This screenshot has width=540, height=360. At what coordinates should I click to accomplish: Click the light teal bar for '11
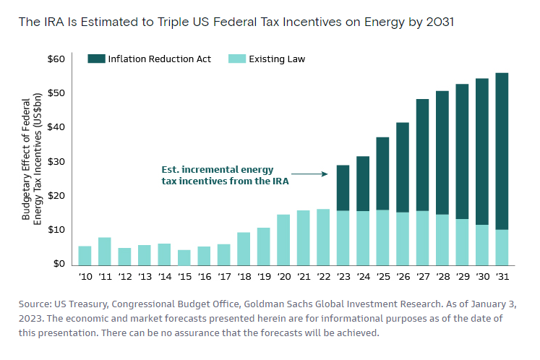tap(105, 252)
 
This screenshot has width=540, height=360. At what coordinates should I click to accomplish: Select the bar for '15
tap(184, 257)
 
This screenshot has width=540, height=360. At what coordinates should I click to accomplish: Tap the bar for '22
tap(323, 237)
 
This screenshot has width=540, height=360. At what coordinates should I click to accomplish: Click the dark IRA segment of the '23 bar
tap(343, 188)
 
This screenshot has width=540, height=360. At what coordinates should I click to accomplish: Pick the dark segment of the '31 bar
tap(502, 151)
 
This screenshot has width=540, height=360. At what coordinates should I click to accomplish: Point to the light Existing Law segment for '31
tap(502, 248)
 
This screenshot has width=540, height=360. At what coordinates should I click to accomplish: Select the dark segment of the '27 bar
tap(423, 155)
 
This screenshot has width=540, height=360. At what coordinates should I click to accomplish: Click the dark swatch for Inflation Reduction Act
tap(96, 59)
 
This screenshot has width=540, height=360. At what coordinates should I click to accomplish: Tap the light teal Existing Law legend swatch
tap(237, 59)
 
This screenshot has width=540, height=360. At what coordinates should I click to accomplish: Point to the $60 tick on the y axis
tap(56, 59)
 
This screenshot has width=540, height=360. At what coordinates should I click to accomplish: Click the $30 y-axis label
tap(56, 161)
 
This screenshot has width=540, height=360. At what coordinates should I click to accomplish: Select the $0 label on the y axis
tap(59, 264)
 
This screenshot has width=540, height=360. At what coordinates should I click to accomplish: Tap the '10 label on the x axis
tap(85, 277)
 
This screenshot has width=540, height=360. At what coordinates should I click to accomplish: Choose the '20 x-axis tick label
tap(284, 277)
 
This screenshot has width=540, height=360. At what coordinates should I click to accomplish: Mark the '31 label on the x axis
tap(502, 277)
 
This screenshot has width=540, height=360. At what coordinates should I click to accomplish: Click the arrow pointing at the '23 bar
tap(309, 174)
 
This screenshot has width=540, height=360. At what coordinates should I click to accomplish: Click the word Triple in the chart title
tap(173, 22)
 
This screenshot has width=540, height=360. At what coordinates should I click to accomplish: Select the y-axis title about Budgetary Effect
tap(32, 159)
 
